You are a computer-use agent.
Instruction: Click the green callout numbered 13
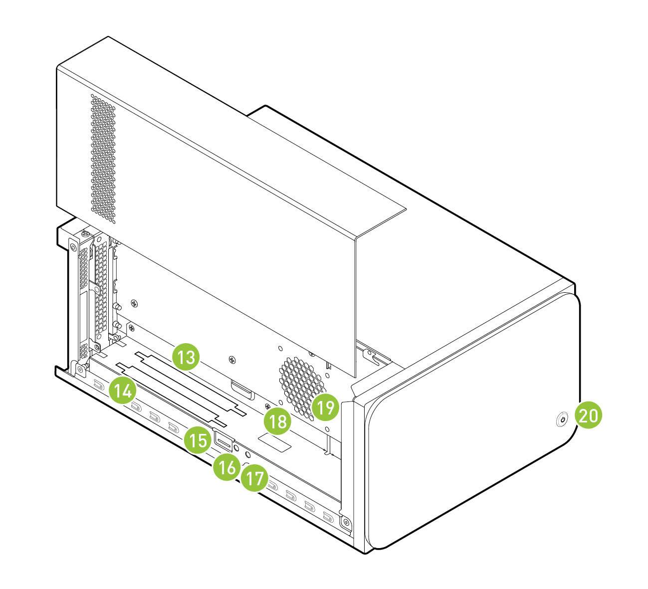click(x=186, y=357)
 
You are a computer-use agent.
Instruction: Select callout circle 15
click(x=197, y=440)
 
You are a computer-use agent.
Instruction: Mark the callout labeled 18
click(x=278, y=421)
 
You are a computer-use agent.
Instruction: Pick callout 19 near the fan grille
click(x=326, y=407)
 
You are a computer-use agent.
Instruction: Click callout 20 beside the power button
click(x=589, y=415)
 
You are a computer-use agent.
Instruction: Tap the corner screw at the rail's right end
click(x=346, y=523)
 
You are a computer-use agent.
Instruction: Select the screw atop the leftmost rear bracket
click(x=85, y=233)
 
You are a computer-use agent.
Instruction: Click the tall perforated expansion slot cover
click(x=100, y=289)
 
